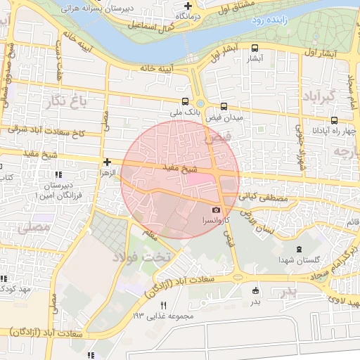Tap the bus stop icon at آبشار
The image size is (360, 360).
255,49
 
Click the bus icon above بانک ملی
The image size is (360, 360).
185,101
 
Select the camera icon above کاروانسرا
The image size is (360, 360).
215,210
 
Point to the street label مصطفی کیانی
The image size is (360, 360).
263,199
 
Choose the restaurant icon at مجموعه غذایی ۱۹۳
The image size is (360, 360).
163,305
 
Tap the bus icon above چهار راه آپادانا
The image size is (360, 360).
333,120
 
